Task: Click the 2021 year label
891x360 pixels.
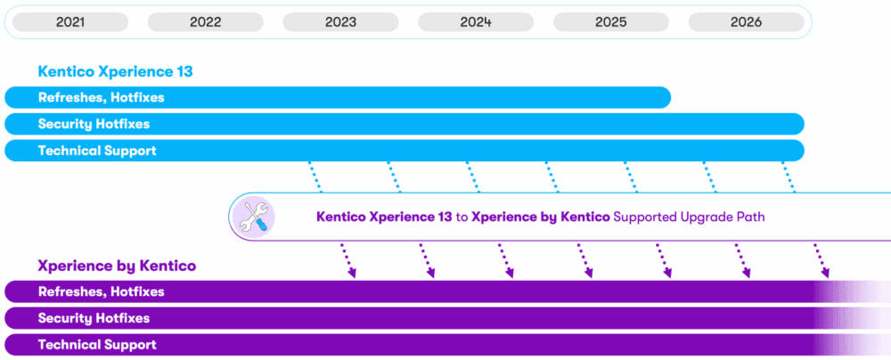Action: [70, 22]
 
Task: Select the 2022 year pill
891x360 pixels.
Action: [206, 22]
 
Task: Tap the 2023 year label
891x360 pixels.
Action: [340, 22]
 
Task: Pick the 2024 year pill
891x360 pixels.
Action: [476, 22]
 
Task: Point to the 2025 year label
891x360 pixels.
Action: [611, 22]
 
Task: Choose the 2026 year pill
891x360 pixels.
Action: [746, 22]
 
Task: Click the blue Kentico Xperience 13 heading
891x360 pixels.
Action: [115, 71]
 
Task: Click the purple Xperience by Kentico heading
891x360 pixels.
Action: [117, 266]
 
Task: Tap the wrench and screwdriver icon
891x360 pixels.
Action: [253, 217]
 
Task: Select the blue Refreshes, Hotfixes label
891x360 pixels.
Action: [101, 97]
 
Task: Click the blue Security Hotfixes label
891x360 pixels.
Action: [94, 124]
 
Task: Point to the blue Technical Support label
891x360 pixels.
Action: [97, 151]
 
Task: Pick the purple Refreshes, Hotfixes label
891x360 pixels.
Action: [101, 291]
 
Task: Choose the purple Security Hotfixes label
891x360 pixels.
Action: [94, 318]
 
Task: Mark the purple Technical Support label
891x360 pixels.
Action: [97, 344]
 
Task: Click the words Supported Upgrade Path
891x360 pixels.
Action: [690, 217]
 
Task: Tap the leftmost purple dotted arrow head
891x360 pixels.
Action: [353, 274]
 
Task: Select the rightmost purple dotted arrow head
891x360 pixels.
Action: [825, 274]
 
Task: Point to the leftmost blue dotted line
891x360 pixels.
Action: [315, 176]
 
